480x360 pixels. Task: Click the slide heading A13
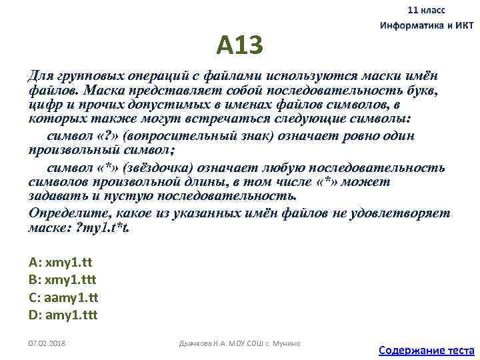coord(239,45)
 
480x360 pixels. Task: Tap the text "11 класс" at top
coord(427,11)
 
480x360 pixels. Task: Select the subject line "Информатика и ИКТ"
coord(426,25)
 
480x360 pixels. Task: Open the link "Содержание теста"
coord(425,349)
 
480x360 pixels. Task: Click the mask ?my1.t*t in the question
coord(104,228)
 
